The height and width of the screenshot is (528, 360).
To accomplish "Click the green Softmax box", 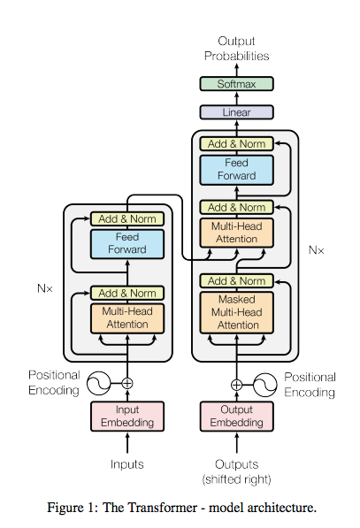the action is (236, 83).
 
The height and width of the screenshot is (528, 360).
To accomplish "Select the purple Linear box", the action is (236, 112).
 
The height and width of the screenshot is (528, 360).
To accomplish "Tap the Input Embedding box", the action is (127, 417).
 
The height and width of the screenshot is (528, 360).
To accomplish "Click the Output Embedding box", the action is (236, 417).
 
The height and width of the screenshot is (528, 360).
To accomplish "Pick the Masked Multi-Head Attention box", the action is (236, 312).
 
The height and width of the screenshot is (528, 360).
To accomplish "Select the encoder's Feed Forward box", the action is (127, 244).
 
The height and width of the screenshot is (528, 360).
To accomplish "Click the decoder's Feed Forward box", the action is (236, 170).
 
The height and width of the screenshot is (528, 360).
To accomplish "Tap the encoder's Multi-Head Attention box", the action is (127, 318).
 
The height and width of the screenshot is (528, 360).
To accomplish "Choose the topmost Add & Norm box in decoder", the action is (236, 144).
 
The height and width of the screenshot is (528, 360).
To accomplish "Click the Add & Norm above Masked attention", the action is (236, 281).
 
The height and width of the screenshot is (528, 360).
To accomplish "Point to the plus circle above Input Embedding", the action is (127, 383).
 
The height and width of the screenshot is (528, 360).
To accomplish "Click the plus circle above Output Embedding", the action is (236, 385).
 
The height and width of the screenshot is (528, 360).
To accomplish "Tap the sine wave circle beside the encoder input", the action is (99, 383).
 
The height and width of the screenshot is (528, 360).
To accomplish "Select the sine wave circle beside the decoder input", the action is (265, 385).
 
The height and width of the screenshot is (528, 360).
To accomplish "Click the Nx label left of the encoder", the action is (45, 288).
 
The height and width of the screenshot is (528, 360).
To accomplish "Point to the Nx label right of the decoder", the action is (317, 250).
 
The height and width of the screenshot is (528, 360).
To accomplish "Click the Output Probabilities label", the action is (236, 49).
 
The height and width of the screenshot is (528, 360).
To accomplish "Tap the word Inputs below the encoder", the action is (127, 464).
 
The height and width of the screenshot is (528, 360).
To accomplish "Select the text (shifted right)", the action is (236, 479).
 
